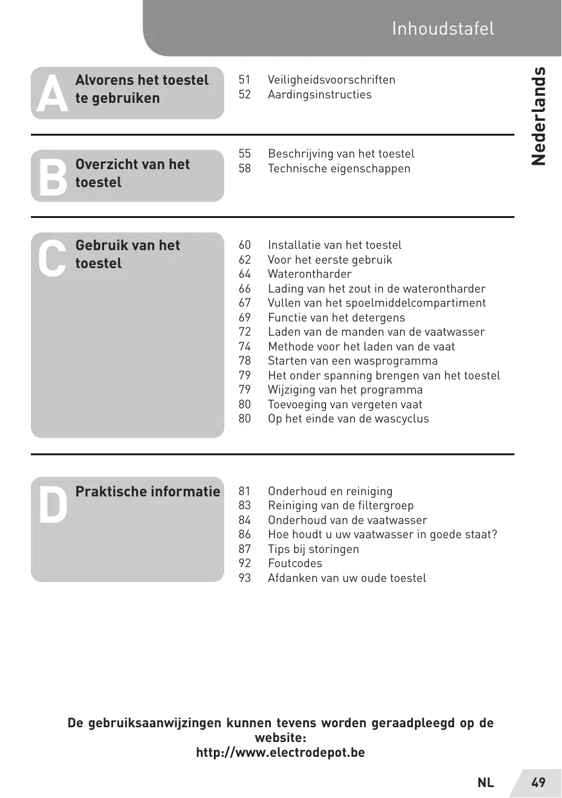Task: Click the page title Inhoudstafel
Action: [443, 28]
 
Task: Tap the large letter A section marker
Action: [51, 94]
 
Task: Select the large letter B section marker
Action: [52, 177]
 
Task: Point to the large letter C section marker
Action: [51, 258]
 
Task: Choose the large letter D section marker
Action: [52, 505]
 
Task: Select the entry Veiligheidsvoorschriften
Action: [331, 80]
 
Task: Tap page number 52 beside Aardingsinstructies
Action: [245, 95]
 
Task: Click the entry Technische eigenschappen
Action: [338, 168]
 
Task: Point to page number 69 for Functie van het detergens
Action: [245, 318]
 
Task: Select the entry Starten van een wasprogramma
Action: [353, 361]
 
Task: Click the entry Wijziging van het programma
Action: [345, 390]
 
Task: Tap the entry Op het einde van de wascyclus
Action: [348, 419]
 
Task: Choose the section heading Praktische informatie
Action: [148, 492]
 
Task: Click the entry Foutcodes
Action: [295, 563]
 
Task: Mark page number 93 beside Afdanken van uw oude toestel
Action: [245, 578]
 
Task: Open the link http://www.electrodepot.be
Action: [280, 752]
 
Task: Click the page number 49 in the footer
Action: [538, 783]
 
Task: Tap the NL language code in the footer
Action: [486, 783]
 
